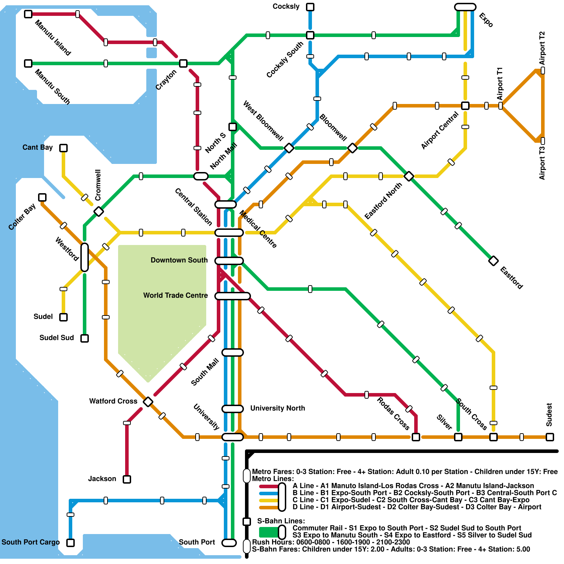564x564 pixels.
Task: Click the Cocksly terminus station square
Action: click(x=310, y=7)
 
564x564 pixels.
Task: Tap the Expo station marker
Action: click(x=465, y=7)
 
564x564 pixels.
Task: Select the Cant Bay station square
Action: click(x=63, y=148)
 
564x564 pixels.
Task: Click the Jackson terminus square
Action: click(x=127, y=479)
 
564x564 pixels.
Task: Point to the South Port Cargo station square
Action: click(x=70, y=543)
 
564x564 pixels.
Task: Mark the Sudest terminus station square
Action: click(x=550, y=437)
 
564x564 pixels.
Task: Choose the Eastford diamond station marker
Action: click(x=493, y=261)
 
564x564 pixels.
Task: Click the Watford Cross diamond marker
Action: click(x=148, y=401)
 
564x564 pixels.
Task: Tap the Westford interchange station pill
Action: click(x=85, y=257)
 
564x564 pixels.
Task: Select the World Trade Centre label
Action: click(x=175, y=295)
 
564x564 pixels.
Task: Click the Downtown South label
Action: click(x=179, y=260)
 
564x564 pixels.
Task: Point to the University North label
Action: click(x=277, y=408)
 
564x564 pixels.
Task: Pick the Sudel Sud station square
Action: click(x=85, y=338)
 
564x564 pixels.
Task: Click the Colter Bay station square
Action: click(x=42, y=197)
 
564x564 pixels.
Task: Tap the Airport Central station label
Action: click(x=440, y=130)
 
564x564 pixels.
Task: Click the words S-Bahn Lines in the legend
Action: click(x=281, y=521)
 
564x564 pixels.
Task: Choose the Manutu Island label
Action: click(x=53, y=38)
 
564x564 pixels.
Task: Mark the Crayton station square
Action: click(x=183, y=63)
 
